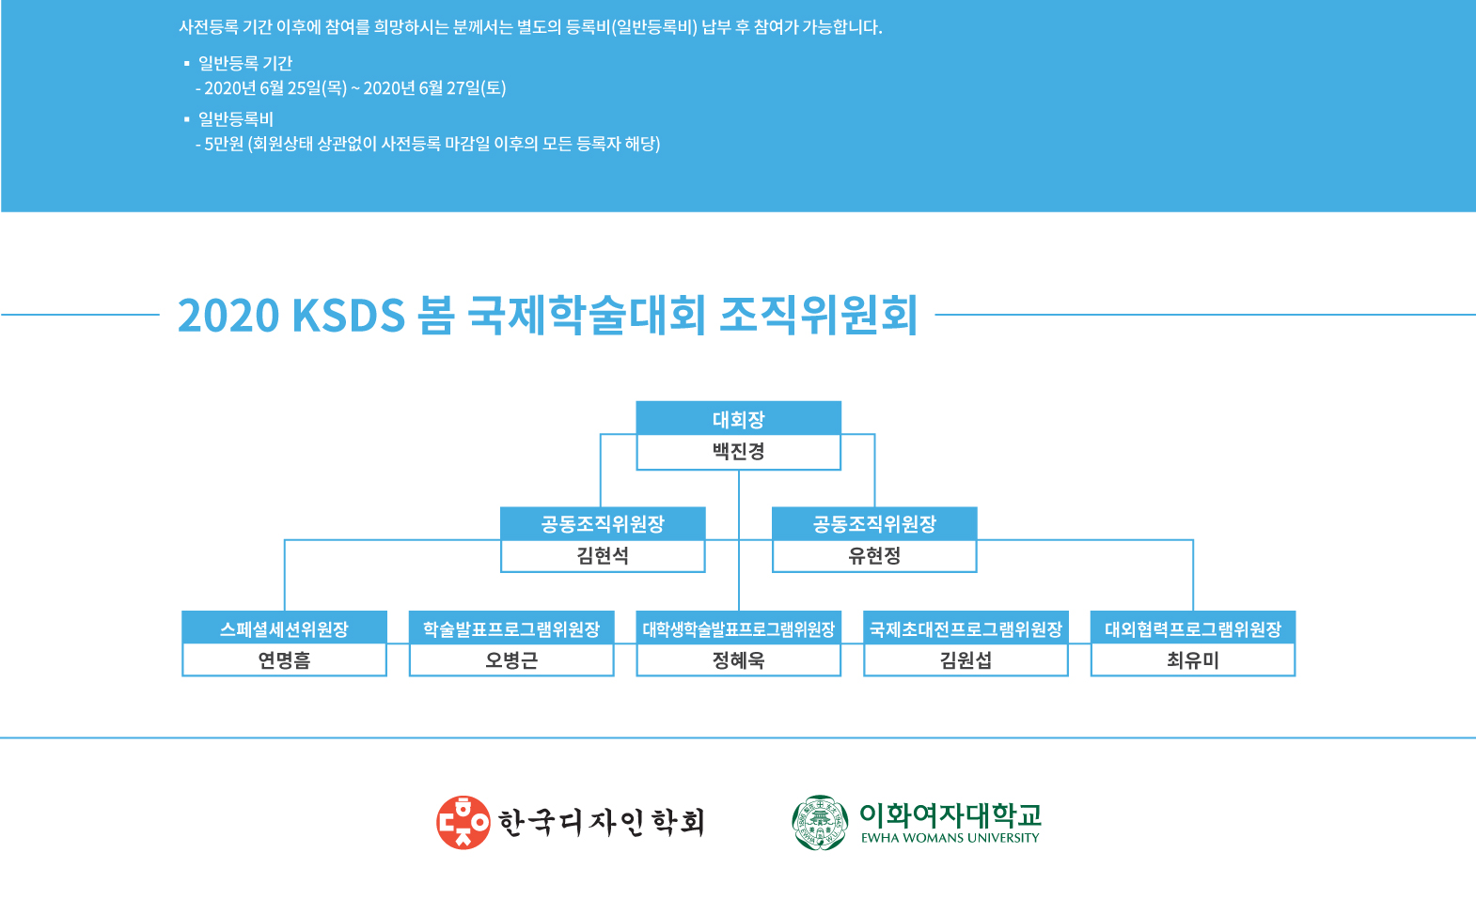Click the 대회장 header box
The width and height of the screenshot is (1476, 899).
point(738,418)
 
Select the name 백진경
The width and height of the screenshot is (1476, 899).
point(738,451)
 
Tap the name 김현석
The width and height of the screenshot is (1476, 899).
point(603,556)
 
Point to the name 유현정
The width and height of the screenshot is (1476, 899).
point(873,556)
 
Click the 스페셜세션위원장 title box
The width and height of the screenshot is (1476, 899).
point(284,628)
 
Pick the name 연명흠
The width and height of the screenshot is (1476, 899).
point(284,660)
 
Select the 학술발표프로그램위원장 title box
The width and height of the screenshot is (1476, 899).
point(511,628)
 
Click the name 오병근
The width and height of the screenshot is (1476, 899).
point(511,660)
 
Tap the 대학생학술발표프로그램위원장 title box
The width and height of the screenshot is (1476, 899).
point(738,628)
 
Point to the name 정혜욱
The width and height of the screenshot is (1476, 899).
point(738,660)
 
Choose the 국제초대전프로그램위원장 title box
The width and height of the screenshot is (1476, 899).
point(966,628)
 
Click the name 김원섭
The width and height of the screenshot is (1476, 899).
point(966,660)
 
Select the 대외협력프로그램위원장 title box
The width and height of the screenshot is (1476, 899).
point(1193,628)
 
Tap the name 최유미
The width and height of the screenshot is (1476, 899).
point(1193,660)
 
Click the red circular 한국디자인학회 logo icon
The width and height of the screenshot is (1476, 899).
point(463,822)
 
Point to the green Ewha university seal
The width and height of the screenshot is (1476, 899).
point(820,822)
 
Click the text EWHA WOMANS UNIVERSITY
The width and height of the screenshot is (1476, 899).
point(950,838)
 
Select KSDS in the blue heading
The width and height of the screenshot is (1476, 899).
point(348,316)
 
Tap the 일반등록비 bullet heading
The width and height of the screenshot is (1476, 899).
point(235,119)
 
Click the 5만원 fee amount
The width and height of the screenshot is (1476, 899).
point(224,144)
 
